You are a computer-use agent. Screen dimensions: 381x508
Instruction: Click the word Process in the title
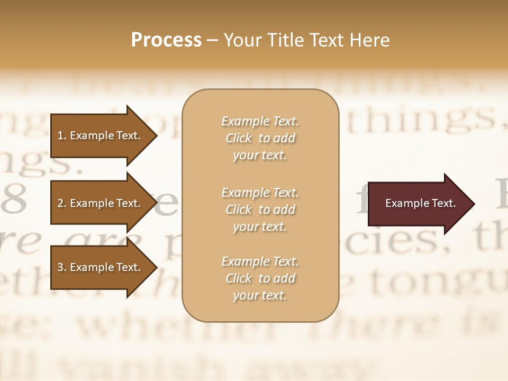point(166,40)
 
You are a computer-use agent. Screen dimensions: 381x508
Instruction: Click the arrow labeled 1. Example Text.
point(101,135)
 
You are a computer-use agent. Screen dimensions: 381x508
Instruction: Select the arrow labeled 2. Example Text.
point(101,203)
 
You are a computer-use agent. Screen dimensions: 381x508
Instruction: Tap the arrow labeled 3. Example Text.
point(101,267)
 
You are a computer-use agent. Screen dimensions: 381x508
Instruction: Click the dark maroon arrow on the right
point(418,204)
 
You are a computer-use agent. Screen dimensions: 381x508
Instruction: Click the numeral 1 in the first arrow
point(60,135)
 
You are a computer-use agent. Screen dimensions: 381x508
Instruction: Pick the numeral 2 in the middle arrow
point(60,203)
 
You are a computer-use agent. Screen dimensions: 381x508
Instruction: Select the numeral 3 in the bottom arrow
point(60,267)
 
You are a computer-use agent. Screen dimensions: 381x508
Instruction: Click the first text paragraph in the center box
point(260,138)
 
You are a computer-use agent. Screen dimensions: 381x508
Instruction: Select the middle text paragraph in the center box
point(260,210)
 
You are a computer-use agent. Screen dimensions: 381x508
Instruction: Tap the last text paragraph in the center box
point(260,278)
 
